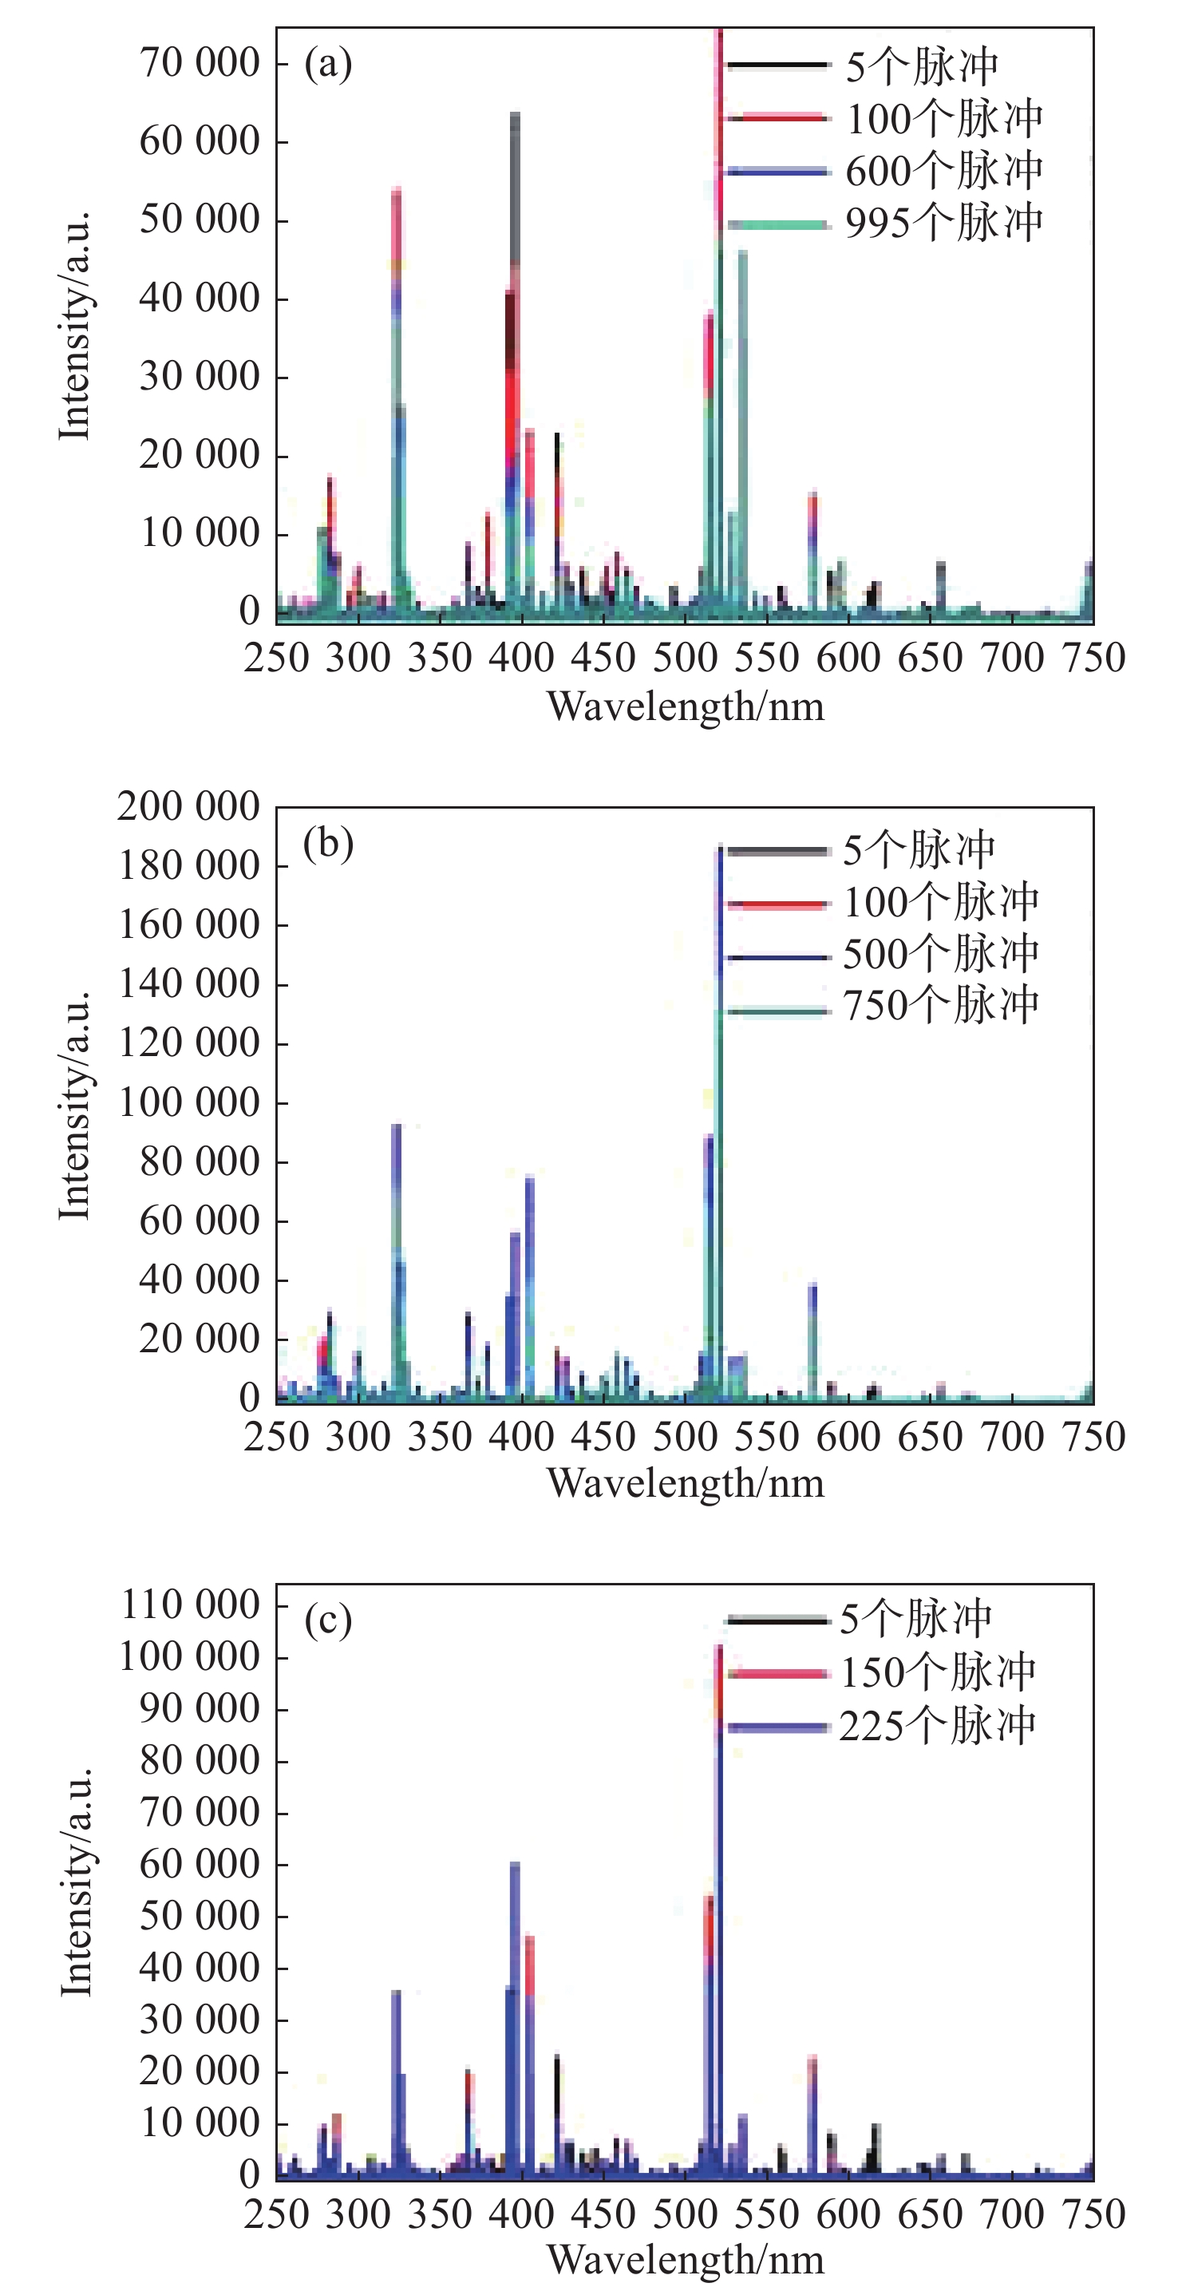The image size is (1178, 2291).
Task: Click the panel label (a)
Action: click(x=328, y=64)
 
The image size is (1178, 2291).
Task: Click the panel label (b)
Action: click(x=328, y=843)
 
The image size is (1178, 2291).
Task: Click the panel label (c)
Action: click(x=328, y=1620)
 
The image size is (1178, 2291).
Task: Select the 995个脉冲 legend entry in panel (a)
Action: click(x=943, y=223)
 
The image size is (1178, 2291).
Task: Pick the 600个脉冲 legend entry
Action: click(x=943, y=171)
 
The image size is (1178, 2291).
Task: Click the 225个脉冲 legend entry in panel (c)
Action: click(x=937, y=1725)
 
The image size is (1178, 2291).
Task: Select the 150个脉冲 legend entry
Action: click(x=937, y=1672)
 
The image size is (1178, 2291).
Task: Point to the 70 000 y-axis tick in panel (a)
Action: click(x=200, y=63)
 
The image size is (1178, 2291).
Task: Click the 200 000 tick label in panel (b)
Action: click(x=188, y=807)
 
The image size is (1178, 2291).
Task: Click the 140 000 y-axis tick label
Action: click(x=188, y=984)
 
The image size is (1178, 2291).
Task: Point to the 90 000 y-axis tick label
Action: click(x=200, y=1708)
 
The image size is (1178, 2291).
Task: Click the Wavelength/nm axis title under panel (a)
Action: click(x=686, y=707)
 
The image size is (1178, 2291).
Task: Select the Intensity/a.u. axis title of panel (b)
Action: click(x=75, y=1105)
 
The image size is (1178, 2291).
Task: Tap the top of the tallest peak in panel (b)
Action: click(x=719, y=847)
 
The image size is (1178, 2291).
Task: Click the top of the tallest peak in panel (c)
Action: click(x=718, y=1647)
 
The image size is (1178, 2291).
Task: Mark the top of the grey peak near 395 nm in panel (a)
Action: click(x=515, y=115)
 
